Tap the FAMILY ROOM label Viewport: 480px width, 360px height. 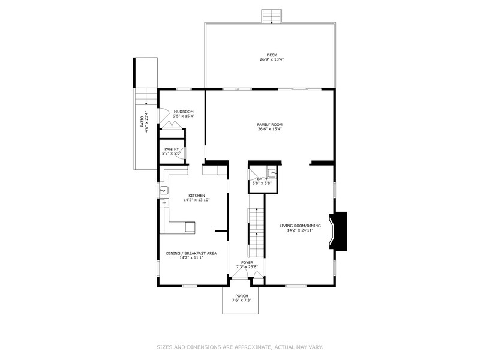(270, 125)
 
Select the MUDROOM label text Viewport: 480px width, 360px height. (184, 112)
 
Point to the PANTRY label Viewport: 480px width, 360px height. (172, 149)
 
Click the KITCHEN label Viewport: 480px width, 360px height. (197, 196)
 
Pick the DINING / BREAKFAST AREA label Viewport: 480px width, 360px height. (191, 253)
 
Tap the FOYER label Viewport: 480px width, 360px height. (247, 263)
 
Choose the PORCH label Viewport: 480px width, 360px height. (241, 296)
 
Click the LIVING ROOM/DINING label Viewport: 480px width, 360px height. (300, 226)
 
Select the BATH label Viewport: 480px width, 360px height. (262, 179)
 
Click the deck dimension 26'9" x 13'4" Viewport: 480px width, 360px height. (272, 60)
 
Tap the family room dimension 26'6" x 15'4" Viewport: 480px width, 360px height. (270, 129)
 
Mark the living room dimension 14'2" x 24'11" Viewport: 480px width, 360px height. (300, 230)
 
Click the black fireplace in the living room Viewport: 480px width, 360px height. (340, 231)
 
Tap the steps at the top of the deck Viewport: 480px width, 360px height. (272, 16)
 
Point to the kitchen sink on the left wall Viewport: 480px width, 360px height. (163, 191)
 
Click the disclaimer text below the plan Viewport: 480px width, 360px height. (240, 347)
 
